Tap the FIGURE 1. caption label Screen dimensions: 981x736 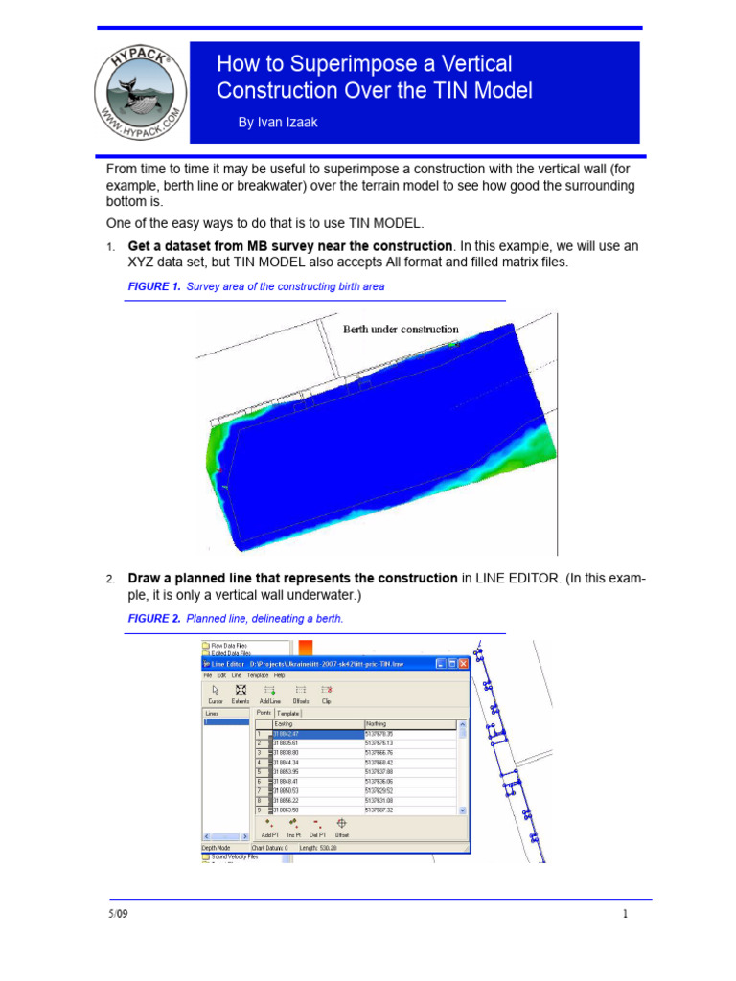point(153,286)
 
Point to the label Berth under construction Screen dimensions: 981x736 point(401,329)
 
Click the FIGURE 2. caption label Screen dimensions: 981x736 point(153,619)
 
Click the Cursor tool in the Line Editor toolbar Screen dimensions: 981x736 point(215,693)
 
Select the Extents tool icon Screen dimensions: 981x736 point(241,693)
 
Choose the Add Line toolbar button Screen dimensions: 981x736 point(271,693)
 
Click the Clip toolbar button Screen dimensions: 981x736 point(327,693)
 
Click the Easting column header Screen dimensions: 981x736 point(286,723)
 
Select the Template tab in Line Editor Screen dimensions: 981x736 point(288,713)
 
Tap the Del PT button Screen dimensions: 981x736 point(317,827)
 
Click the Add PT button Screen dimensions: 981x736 point(269,827)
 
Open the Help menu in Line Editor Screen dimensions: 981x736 point(280,674)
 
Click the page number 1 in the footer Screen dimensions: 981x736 point(625,914)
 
